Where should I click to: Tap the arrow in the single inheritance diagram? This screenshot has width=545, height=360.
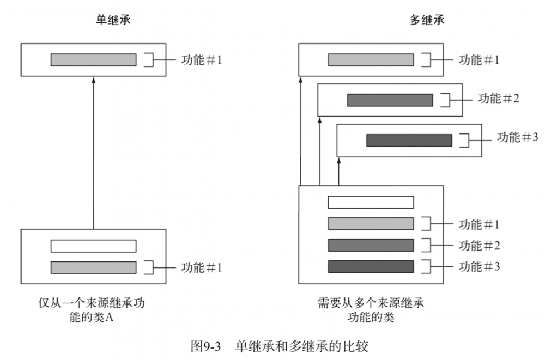coord(93,152)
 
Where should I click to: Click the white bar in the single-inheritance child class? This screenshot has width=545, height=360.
coord(93,246)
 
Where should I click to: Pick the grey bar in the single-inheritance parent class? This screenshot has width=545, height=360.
coord(93,60)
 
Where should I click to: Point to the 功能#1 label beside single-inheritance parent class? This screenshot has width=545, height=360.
coord(202,59)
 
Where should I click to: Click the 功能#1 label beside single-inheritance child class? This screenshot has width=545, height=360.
coord(202,267)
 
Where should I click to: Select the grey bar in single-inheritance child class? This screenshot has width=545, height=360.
coord(93,267)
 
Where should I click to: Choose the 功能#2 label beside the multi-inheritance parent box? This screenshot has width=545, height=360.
coord(498,99)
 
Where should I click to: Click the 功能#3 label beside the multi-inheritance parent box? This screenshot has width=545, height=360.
coord(518,136)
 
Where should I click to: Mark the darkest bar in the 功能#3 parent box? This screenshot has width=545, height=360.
coord(409,140)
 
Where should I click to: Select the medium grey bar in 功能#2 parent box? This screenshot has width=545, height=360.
coord(390,100)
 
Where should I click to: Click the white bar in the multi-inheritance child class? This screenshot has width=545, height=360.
coord(371,203)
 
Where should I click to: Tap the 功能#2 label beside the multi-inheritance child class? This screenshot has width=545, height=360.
coord(479,245)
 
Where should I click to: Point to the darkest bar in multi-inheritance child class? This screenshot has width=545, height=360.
coord(371,267)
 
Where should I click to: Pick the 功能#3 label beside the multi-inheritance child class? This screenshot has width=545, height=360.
coord(479,267)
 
